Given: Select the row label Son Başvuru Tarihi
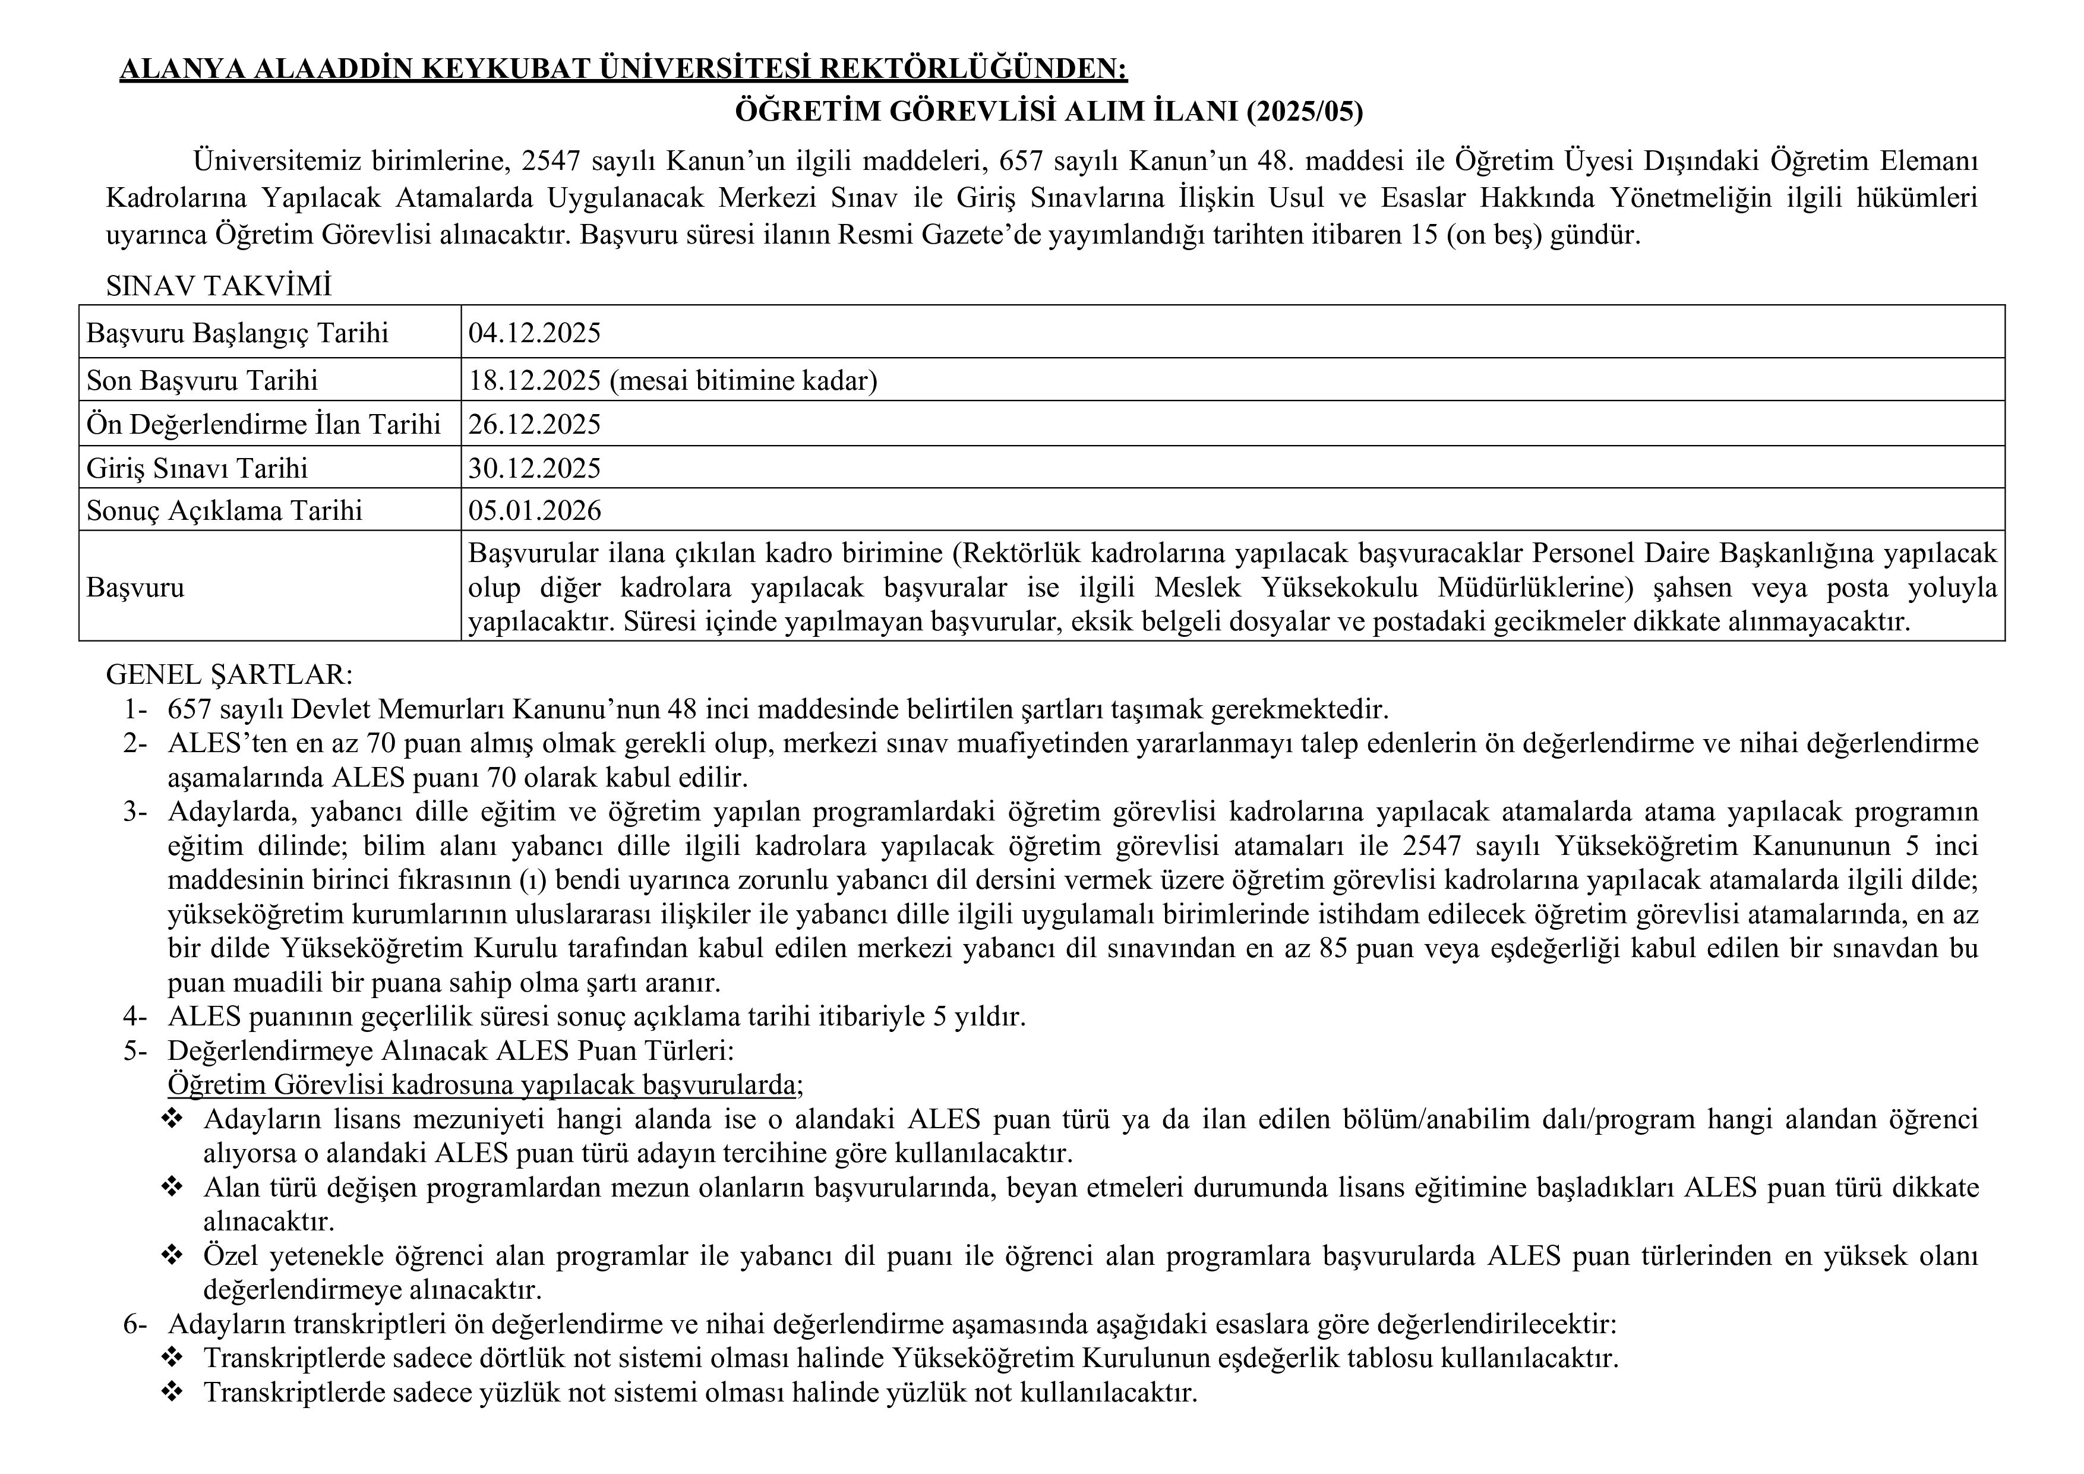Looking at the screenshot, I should pyautogui.click(x=201, y=380).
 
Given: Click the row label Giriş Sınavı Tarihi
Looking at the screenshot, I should pyautogui.click(x=197, y=468).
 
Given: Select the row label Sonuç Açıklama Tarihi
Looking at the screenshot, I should pyautogui.click(x=224, y=511).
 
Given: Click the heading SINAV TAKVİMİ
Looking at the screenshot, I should pyautogui.click(x=219, y=286).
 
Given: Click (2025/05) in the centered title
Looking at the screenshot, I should pyautogui.click(x=1305, y=112).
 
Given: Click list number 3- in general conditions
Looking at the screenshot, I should pyautogui.click(x=135, y=812).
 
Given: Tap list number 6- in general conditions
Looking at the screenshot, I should pyautogui.click(x=135, y=1324).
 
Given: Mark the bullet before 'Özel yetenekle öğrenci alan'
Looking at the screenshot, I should pyautogui.click(x=172, y=1256).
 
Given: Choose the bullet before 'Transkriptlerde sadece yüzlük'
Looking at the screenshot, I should pyautogui.click(x=172, y=1393).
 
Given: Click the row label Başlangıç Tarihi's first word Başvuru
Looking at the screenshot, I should pyautogui.click(x=135, y=333).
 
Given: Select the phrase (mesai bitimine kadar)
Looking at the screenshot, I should pyautogui.click(x=743, y=380).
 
